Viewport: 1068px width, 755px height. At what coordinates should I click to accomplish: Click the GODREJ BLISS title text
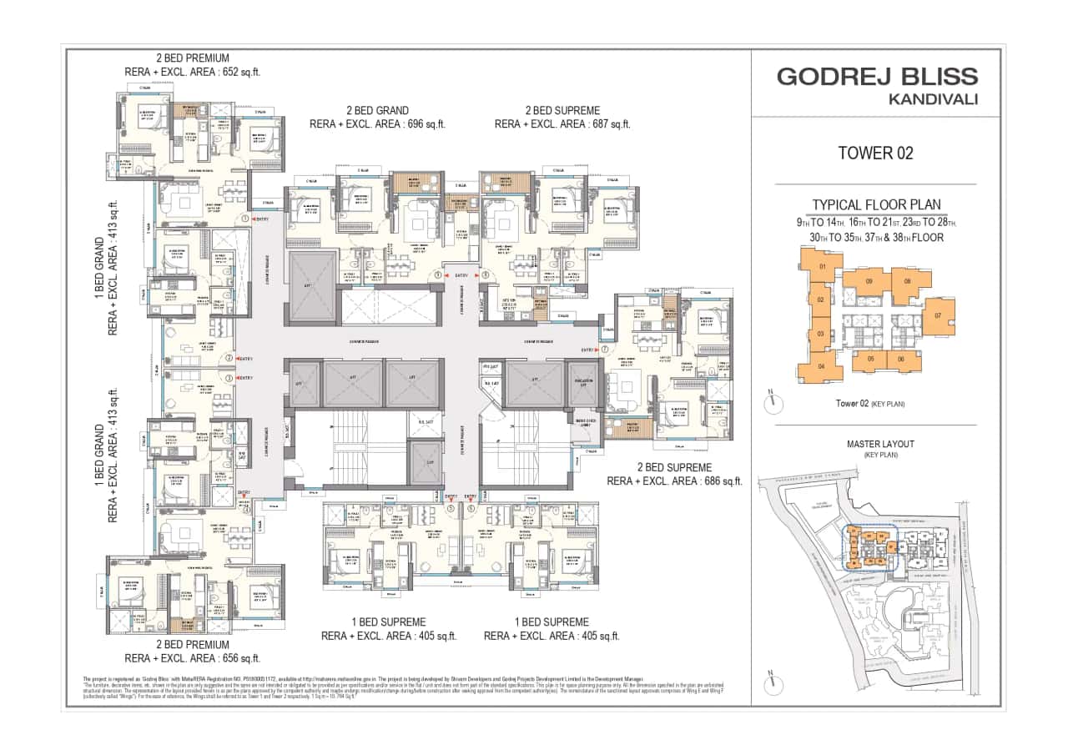coord(877,77)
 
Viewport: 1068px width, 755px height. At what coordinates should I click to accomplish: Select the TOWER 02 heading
coord(875,154)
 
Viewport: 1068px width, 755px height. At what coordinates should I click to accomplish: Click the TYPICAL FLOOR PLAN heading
coord(876,204)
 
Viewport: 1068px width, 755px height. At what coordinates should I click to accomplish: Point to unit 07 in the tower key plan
coord(937,316)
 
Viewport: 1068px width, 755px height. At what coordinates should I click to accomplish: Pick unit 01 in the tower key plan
coord(822,267)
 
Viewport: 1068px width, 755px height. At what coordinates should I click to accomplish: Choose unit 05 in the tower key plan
coord(870,359)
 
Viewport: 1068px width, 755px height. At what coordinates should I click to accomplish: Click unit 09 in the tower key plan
coord(869,282)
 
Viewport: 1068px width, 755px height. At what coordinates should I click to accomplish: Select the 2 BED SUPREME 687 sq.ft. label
coord(562,117)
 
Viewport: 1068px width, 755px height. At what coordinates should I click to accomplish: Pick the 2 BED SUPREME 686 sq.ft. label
coord(674,475)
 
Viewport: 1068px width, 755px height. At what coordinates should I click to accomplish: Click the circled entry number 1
coord(244,219)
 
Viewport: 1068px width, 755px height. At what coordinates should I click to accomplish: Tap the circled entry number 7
coord(604,350)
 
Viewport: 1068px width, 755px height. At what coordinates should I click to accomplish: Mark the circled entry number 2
coord(229,359)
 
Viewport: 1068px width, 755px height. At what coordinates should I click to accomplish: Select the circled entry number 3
coord(229,378)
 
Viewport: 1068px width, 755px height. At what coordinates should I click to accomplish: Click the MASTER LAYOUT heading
coord(876,444)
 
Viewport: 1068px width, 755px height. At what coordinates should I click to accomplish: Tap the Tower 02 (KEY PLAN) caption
coord(869,404)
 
